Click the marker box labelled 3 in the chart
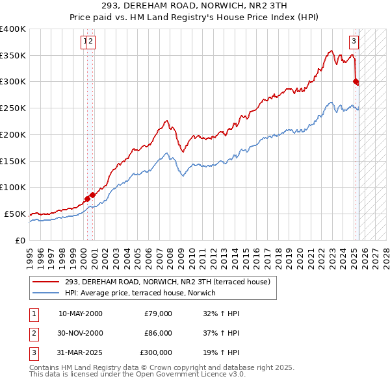pos(354,42)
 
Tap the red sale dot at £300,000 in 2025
pos(356,81)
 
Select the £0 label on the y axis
pos(19,240)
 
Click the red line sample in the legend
pos(46,282)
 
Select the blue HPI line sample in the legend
pos(46,293)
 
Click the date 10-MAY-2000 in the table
pos(81,314)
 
